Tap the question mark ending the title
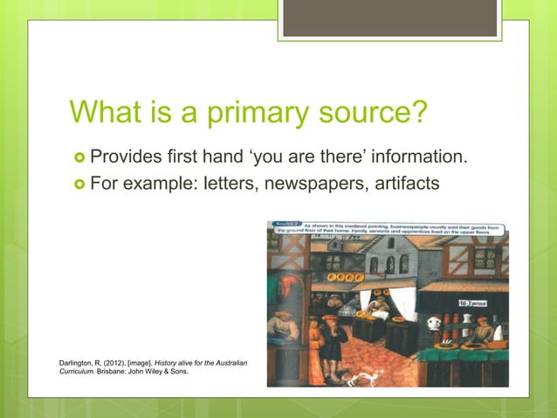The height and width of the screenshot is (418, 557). (x=421, y=113)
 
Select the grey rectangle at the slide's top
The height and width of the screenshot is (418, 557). (x=389, y=17)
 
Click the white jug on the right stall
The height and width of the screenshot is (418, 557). (x=433, y=324)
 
